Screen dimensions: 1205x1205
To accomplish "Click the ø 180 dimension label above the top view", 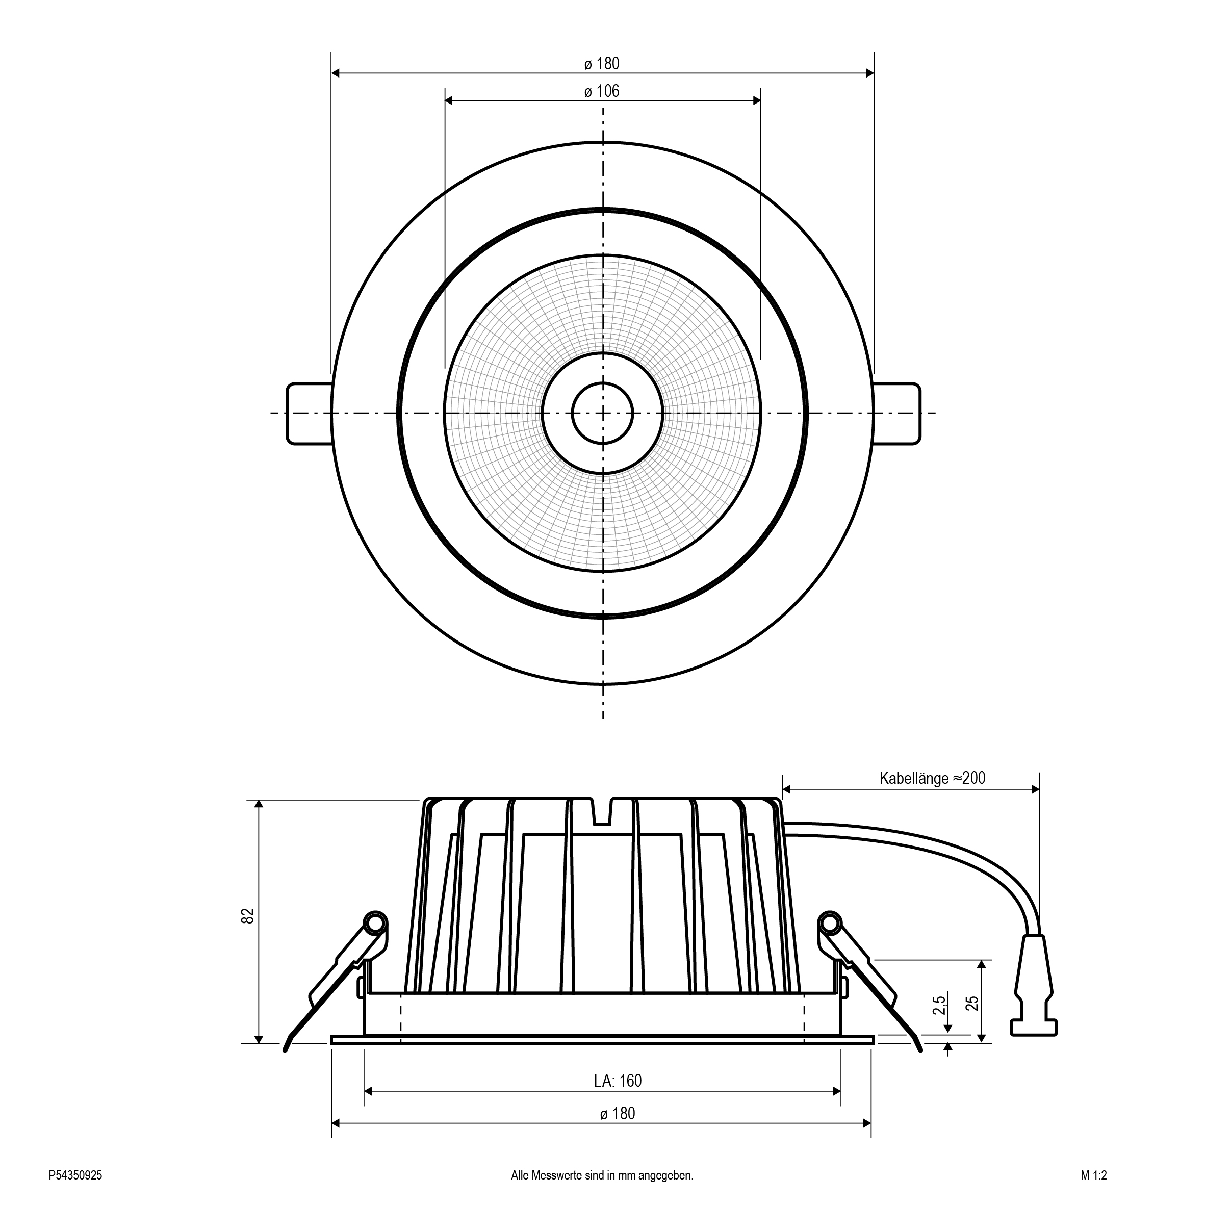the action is click(x=602, y=64).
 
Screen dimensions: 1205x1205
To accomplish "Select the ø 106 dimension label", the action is click(x=602, y=92).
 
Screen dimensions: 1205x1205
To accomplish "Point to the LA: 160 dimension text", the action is click(x=618, y=1081).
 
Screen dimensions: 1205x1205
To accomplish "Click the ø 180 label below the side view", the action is click(x=618, y=1114).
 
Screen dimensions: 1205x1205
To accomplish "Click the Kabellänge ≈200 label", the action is click(x=933, y=778).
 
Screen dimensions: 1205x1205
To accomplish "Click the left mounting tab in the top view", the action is click(x=309, y=414).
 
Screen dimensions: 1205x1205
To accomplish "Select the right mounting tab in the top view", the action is click(x=897, y=414).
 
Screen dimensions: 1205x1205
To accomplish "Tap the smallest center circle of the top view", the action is click(x=603, y=413).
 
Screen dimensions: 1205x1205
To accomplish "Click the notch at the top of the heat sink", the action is click(x=602, y=811).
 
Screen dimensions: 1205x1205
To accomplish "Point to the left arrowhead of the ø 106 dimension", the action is click(x=449, y=100).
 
